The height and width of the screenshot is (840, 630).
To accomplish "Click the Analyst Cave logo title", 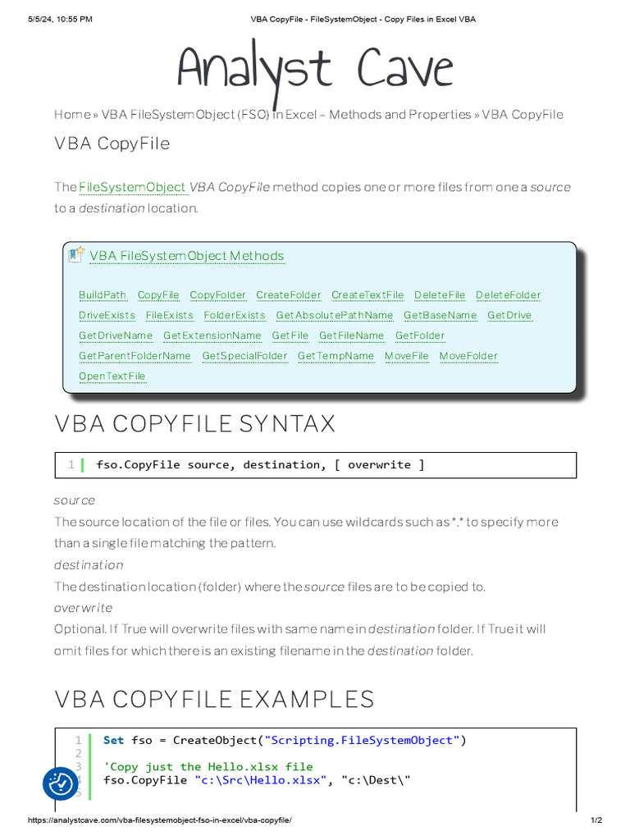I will coord(315,70).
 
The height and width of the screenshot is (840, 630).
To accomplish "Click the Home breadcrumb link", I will coord(72,114).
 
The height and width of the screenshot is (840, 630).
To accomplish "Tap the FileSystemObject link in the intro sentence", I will coord(132,187).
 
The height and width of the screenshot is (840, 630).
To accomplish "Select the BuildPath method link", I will coord(103,295).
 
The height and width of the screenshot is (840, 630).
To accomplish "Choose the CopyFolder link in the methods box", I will coord(217,295).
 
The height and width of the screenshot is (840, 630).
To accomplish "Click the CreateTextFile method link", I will coord(367,295).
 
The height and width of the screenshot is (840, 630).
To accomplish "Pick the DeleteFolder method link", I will coord(508,295).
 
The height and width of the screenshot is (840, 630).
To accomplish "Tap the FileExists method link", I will coord(169,316).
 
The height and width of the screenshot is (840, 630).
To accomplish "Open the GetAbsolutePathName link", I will coord(334,316).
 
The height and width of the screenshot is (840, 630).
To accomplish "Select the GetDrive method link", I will coord(509,316).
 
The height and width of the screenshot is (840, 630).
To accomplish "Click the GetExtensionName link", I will coord(212,336).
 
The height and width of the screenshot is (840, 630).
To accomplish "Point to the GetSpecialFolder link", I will coord(244,356).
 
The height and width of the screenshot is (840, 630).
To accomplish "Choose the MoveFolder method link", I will coord(468,356).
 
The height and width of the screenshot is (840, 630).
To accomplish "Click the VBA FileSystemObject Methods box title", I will coord(186,256).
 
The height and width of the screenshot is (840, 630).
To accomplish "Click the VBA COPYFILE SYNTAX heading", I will coord(194,424).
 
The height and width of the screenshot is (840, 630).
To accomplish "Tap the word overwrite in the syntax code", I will coord(379,465).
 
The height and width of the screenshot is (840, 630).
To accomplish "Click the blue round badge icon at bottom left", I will coord(61,784).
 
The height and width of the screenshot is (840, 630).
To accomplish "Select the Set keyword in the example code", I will coord(114,741).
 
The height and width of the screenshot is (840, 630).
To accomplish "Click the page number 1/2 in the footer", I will coord(596,820).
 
